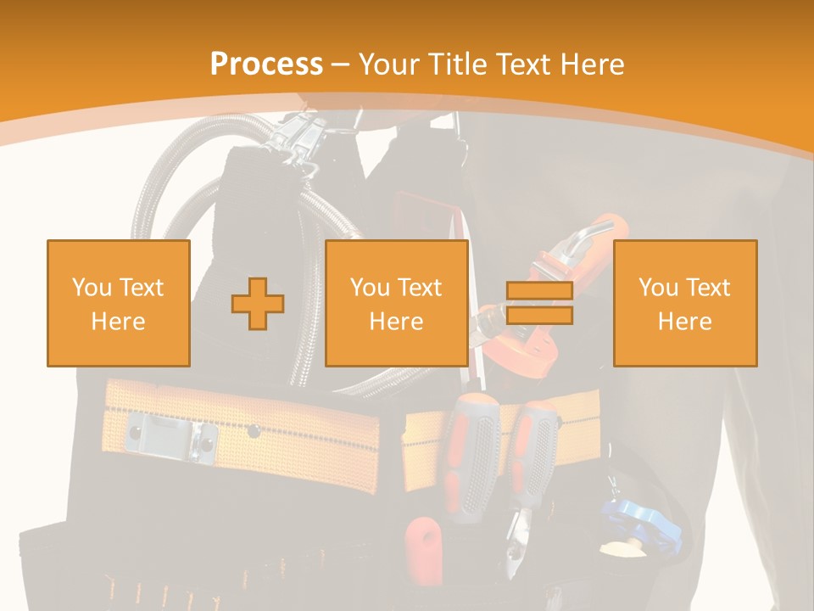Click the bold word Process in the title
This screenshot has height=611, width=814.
pos(266,64)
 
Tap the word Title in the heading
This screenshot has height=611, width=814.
pos(459,64)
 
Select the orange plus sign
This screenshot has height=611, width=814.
pos(258,303)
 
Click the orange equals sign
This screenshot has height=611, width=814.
pos(539,303)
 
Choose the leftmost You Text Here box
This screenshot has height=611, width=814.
pos(119,303)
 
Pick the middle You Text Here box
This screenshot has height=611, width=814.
pos(397,303)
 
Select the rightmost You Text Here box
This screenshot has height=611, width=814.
pos(685,303)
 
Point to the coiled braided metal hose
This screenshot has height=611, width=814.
pos(170,195)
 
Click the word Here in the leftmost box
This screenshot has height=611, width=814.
pos(119,322)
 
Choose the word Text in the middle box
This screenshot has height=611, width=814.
pos(420,288)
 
